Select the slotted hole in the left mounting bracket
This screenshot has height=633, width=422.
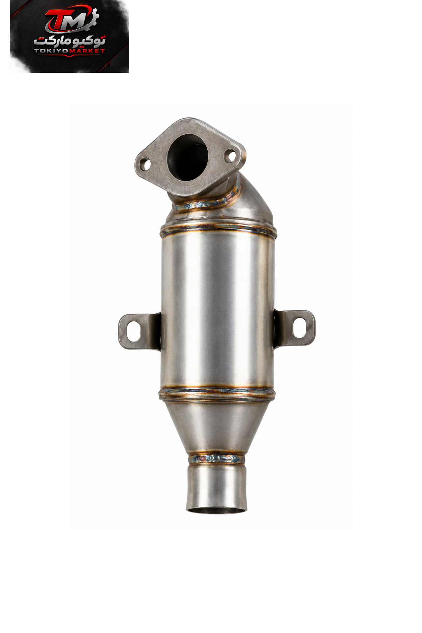(134, 331)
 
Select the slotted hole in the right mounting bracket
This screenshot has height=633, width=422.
(299, 327)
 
